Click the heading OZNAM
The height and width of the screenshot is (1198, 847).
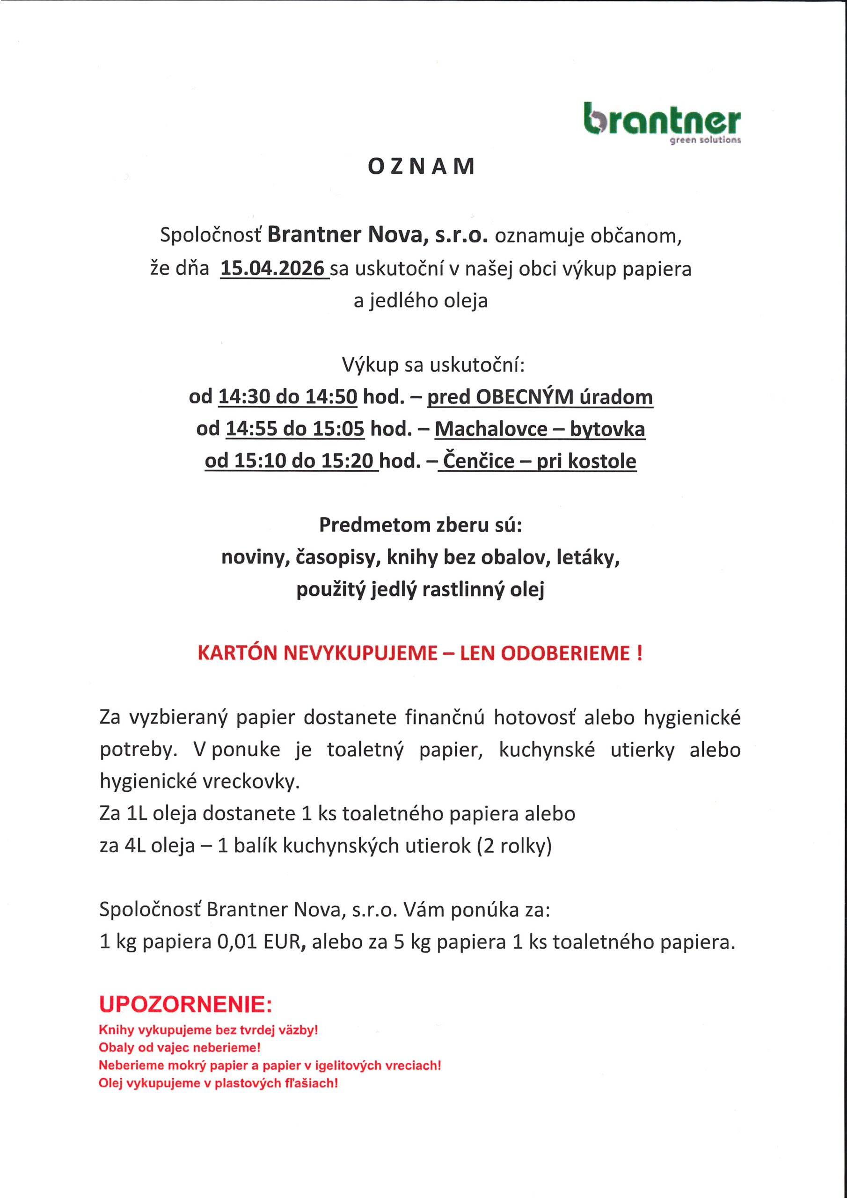(422, 167)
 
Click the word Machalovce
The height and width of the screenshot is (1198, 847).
(490, 429)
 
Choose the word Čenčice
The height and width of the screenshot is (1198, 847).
(479, 461)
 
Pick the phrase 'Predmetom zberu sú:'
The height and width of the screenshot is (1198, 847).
(421, 525)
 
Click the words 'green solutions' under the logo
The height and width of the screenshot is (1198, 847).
(705, 141)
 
